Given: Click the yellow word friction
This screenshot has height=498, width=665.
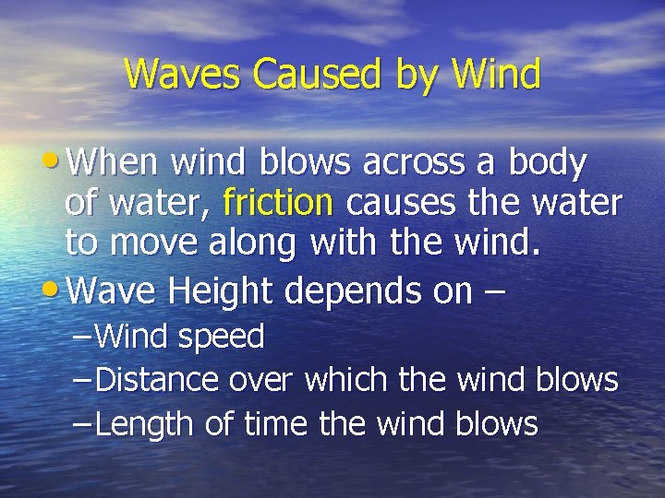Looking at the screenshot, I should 277,201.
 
